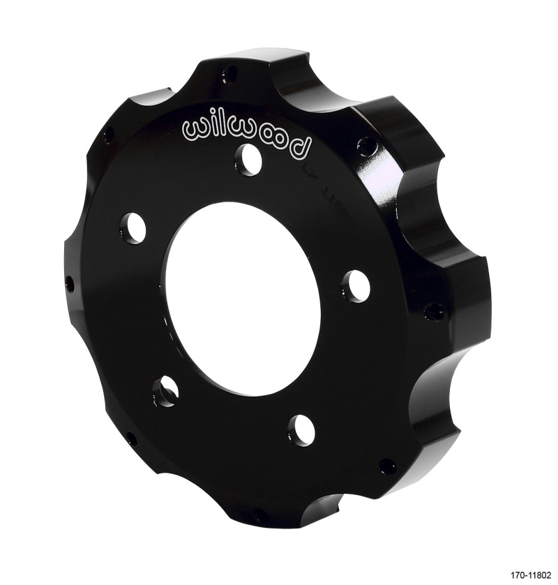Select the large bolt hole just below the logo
[248, 156]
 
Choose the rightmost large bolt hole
[355, 285]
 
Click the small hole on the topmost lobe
[231, 72]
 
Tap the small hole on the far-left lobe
[70, 283]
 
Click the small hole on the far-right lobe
[434, 311]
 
